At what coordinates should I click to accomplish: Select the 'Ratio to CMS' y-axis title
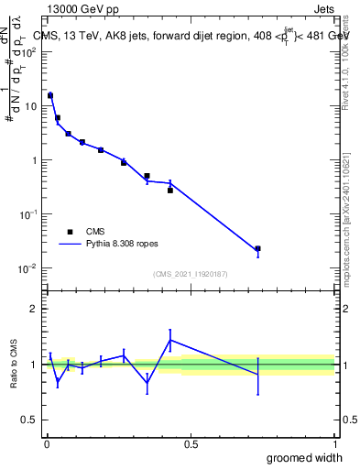(x=15, y=364)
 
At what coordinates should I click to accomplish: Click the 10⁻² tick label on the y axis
(x=28, y=268)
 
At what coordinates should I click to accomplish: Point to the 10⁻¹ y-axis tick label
(x=28, y=214)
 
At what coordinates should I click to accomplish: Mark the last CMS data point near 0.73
(x=257, y=248)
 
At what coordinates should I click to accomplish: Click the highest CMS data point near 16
(x=50, y=95)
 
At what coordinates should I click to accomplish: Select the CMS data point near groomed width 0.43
(x=170, y=191)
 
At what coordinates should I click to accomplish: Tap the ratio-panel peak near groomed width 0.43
(x=170, y=340)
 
